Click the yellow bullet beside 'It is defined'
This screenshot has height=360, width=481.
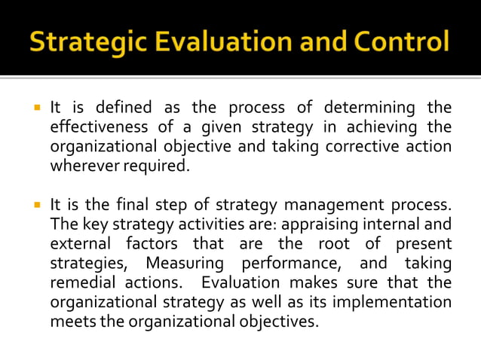[x=35, y=108]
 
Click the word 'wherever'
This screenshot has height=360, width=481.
[x=80, y=166]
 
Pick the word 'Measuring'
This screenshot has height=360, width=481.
[x=185, y=264]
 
